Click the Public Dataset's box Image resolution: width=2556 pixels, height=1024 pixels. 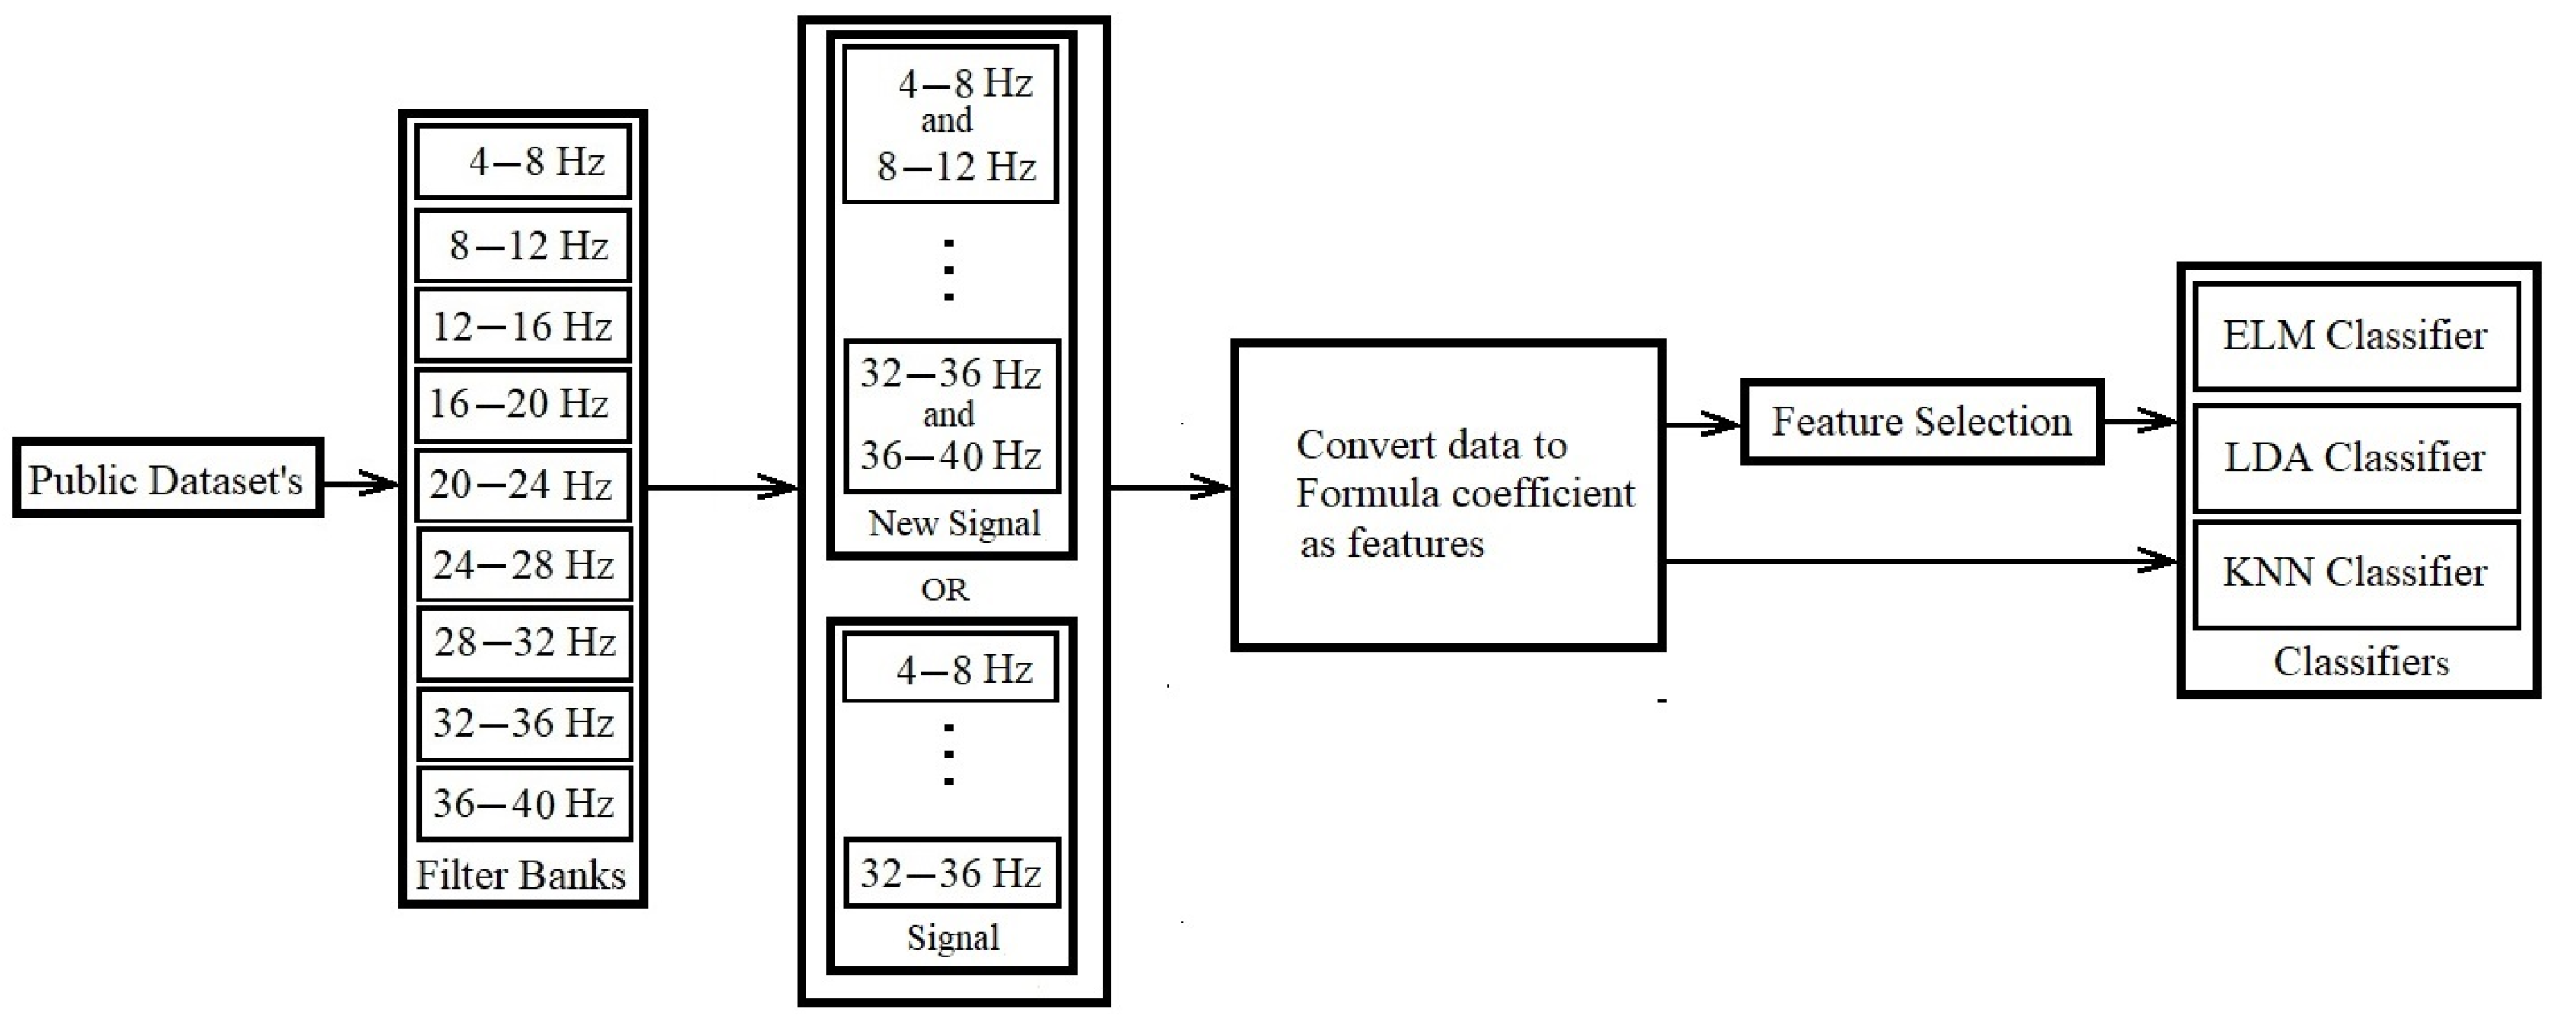(x=167, y=479)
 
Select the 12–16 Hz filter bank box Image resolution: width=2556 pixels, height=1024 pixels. (x=523, y=325)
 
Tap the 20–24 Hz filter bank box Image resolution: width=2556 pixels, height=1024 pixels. (x=523, y=485)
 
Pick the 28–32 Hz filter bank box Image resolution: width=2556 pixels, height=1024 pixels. (x=524, y=643)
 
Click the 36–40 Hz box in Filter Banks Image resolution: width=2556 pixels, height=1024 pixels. (x=524, y=803)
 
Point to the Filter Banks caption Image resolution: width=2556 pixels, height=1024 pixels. (x=521, y=875)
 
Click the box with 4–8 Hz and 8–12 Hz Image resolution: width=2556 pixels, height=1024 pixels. (x=950, y=125)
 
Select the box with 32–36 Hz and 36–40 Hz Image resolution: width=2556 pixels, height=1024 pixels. (x=951, y=415)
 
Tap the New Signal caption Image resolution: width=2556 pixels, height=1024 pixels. (x=954, y=523)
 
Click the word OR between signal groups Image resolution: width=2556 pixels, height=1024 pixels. (x=944, y=590)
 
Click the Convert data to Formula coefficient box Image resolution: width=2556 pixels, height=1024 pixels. (x=1447, y=495)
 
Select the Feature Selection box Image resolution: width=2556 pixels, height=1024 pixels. (x=1921, y=422)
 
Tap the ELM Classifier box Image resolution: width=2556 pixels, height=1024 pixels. (x=2355, y=337)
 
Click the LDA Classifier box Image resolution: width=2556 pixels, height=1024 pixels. (x=2355, y=457)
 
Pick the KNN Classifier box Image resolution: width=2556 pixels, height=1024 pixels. (x=2355, y=573)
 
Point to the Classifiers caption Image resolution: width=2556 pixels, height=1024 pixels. (x=2360, y=662)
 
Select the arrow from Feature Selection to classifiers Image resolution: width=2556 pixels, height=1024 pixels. (x=2139, y=421)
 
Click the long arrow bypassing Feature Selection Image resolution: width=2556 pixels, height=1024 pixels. (x=1915, y=562)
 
